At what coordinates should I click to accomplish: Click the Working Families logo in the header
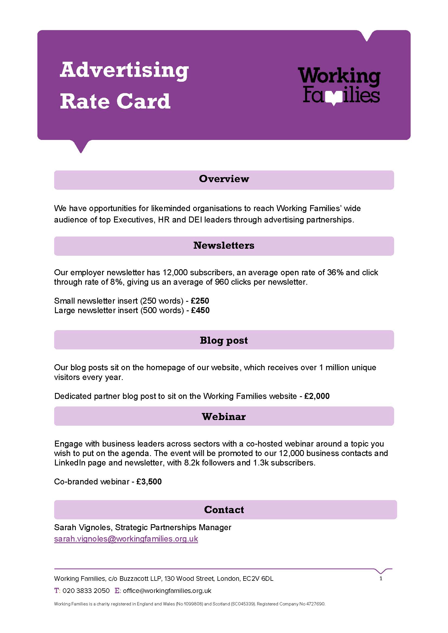[339, 86]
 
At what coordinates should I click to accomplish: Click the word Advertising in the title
[124, 70]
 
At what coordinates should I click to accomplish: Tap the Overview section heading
[224, 179]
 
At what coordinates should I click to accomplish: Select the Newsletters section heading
[224, 245]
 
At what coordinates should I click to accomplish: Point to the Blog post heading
[224, 340]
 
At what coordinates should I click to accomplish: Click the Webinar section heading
[224, 416]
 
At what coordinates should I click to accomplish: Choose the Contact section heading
[224, 510]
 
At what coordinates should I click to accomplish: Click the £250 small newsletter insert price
[200, 301]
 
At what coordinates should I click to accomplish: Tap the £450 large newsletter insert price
[200, 310]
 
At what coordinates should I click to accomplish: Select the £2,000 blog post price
[317, 396]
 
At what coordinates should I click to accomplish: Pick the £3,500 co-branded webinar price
[149, 482]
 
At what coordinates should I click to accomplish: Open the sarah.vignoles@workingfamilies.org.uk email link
[126, 539]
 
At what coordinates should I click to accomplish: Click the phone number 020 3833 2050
[86, 591]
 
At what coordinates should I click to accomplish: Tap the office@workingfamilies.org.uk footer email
[167, 591]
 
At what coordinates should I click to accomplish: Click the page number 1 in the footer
[381, 578]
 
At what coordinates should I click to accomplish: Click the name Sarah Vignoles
[83, 527]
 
